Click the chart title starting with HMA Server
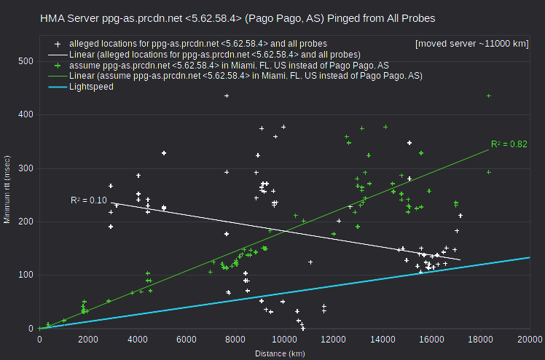coord(238,18)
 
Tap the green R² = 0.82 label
coord(509,144)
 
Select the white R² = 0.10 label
coord(89,200)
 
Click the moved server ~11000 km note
coord(471,44)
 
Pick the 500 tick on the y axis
coord(26,61)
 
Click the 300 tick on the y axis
coord(26,168)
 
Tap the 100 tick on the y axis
coord(26,275)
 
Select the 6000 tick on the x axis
coord(187,339)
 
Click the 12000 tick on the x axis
coord(333,339)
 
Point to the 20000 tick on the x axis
coord(530,339)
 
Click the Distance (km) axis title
coord(280,353)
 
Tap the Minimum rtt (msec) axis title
coord(7,189)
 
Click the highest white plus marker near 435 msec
coord(227,96)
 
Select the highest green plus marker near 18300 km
coord(489,96)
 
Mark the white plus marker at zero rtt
coord(303,329)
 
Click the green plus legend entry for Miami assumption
coord(229,66)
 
